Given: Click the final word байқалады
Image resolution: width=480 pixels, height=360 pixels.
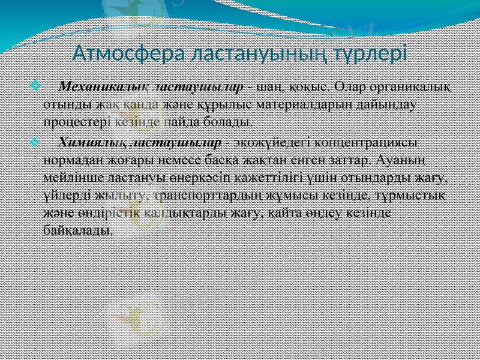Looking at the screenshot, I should (x=77, y=229).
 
